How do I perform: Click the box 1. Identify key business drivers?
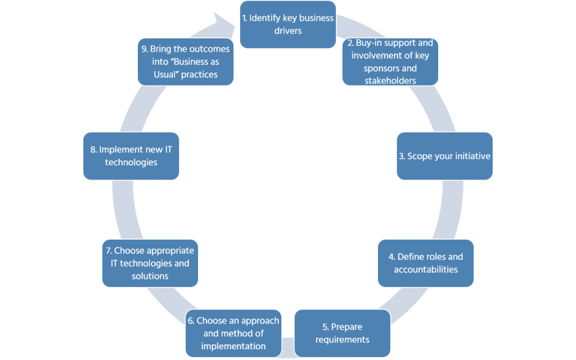pos(287,24)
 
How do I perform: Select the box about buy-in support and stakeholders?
pos(390,61)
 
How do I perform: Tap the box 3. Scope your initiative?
pos(444,156)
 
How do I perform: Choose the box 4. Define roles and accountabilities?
pos(426,263)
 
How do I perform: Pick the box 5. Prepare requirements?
pos(342,333)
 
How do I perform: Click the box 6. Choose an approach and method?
pos(233,333)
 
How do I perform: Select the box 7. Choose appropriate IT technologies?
pos(150,263)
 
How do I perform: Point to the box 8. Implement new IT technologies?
pos(131,156)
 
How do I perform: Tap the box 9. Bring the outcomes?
pos(186,61)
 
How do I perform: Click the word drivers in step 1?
pos(287,30)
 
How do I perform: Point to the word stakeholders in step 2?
pos(390,80)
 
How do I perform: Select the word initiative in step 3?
pos(471,156)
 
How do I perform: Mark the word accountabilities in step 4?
pos(426,269)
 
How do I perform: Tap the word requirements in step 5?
pos(342,339)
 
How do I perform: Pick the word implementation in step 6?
pos(233,346)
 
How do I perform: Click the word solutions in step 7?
pos(150,276)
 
